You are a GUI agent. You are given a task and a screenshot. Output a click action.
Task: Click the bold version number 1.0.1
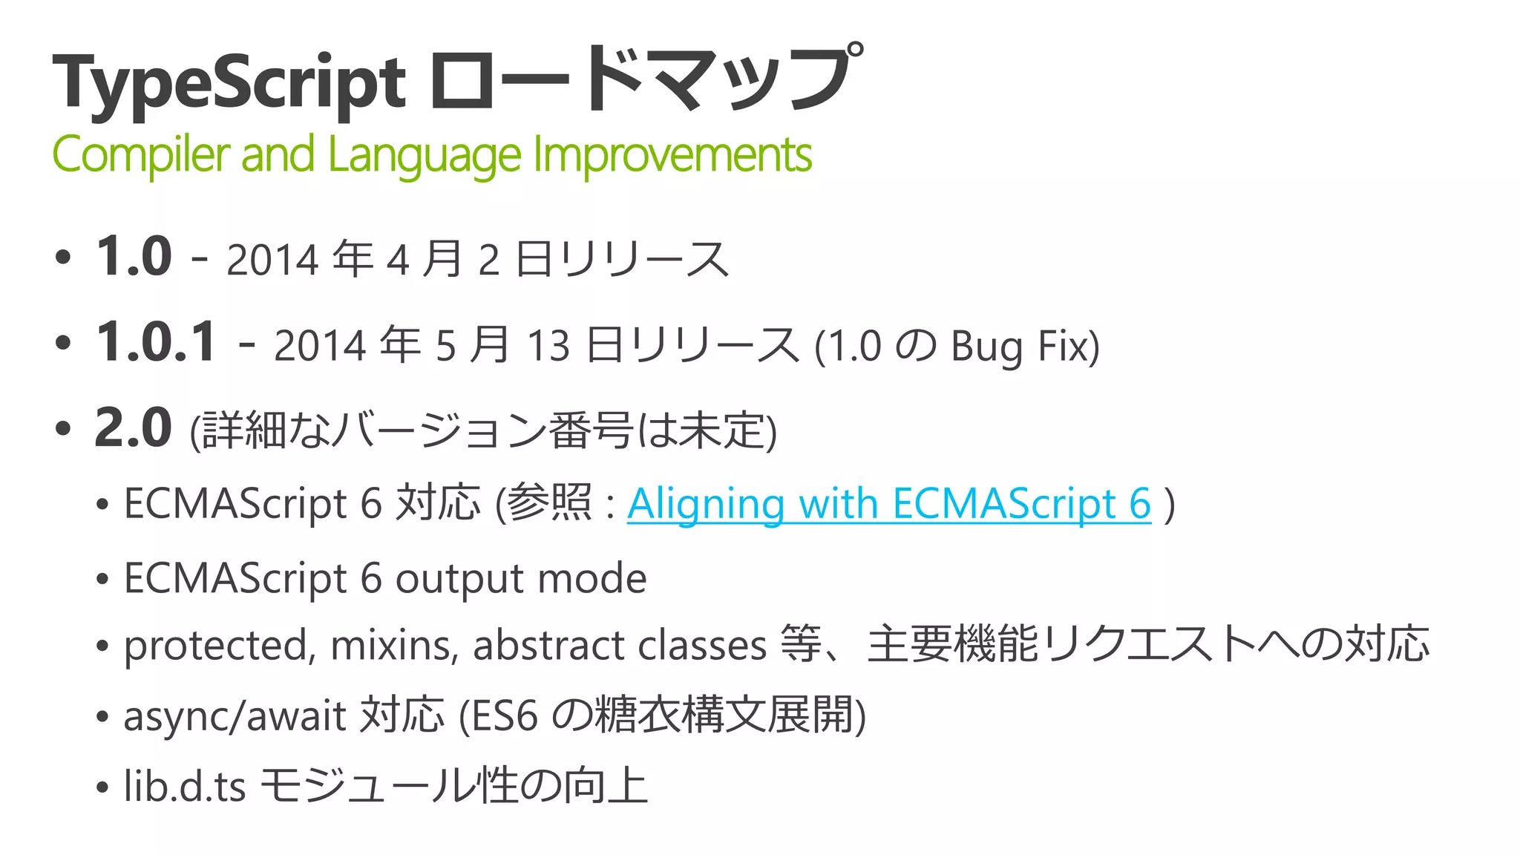click(157, 342)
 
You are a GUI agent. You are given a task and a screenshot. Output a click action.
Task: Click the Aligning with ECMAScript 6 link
click(888, 504)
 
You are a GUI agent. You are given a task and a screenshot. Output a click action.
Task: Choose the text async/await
click(235, 716)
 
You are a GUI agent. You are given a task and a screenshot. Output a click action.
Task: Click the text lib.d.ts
click(185, 787)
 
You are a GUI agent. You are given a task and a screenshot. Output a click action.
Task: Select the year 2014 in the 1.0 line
click(273, 261)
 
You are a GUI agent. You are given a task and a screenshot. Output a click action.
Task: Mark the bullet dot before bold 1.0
click(63, 258)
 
